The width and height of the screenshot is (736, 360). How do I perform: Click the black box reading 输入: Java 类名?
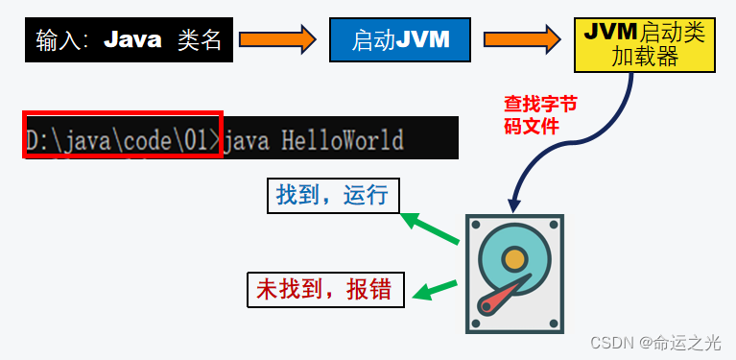(x=128, y=39)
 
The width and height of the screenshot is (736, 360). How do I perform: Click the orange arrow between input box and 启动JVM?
(x=276, y=39)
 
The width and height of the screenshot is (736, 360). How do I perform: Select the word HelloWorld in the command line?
(x=343, y=140)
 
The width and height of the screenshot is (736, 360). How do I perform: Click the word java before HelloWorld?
(x=249, y=140)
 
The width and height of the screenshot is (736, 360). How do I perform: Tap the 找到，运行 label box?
(x=332, y=196)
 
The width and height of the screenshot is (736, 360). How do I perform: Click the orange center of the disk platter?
(x=515, y=259)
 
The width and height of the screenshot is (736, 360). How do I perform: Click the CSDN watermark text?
(x=655, y=343)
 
